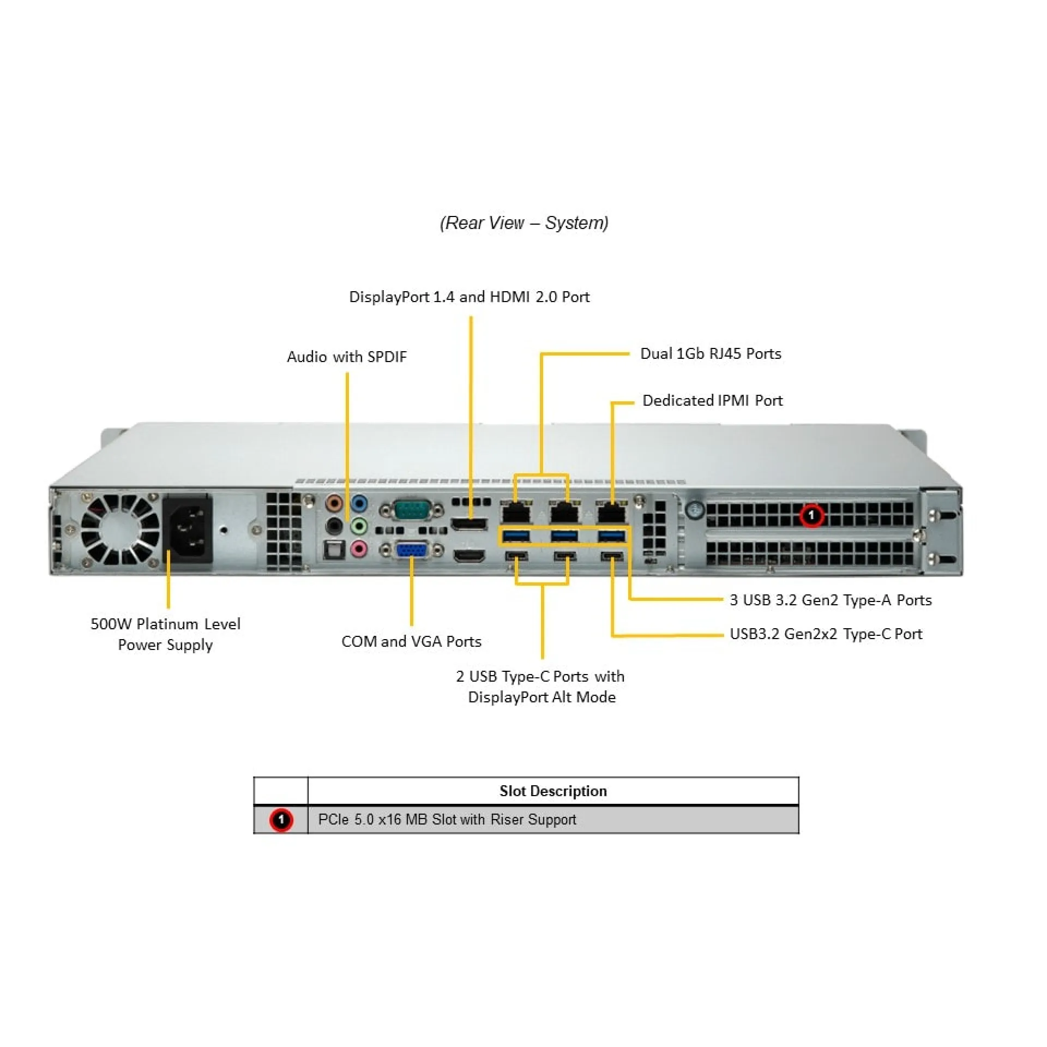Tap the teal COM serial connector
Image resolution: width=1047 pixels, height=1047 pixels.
click(x=412, y=510)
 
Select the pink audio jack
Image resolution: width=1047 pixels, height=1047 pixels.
click(x=358, y=549)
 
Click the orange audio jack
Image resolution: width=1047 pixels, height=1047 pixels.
click(x=334, y=502)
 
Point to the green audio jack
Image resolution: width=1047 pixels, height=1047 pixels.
click(x=358, y=526)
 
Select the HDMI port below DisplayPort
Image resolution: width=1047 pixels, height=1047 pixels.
click(x=469, y=556)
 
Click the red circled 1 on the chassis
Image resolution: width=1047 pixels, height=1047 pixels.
click(x=811, y=515)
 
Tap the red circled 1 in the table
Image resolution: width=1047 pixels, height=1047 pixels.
click(x=281, y=820)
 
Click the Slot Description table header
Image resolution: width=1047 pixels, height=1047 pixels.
click(x=553, y=791)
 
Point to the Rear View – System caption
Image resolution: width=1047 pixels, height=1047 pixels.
click(x=524, y=223)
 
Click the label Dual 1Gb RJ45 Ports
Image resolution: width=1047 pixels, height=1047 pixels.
click(x=711, y=353)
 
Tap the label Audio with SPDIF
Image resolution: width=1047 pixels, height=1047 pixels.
click(x=347, y=357)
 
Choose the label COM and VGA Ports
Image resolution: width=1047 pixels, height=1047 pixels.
click(x=412, y=641)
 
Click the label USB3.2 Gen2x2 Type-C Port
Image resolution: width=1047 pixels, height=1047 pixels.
click(x=826, y=634)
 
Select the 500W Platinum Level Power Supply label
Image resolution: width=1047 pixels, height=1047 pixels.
click(x=165, y=634)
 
